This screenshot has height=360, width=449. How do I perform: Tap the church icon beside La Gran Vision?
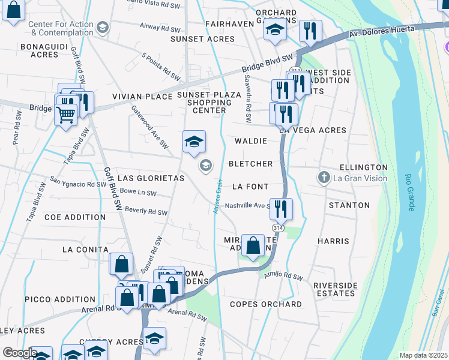[x=324, y=177]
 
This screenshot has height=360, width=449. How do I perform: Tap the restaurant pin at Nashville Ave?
[x=281, y=209]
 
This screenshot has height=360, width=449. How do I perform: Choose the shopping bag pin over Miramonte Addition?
[x=253, y=245]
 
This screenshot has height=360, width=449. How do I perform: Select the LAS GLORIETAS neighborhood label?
[x=151, y=178]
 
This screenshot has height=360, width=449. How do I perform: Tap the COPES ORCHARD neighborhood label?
[x=266, y=304]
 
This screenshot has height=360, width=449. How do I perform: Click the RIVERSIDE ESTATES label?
[x=334, y=289]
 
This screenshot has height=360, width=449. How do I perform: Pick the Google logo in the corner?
[x=19, y=353]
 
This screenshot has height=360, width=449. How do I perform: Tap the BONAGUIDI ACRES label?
[x=39, y=50]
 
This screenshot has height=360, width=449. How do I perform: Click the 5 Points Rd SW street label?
[x=161, y=67]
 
